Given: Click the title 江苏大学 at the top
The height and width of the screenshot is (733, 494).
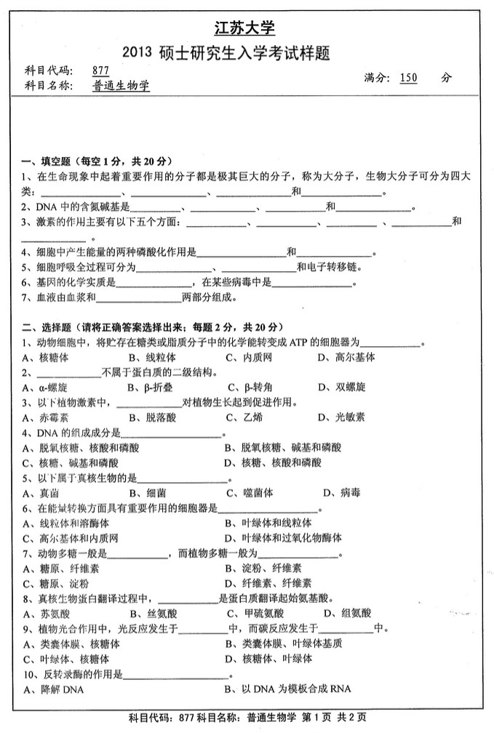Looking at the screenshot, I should [246, 28].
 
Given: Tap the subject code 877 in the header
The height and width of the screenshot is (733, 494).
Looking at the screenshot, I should [100, 71].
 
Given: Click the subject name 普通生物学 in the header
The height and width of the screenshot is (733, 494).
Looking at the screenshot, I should [121, 86].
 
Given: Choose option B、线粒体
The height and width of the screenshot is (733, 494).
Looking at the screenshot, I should [151, 357].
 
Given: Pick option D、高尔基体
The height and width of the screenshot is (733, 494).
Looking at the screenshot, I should [346, 357].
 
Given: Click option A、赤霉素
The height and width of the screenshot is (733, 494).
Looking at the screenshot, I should [44, 417].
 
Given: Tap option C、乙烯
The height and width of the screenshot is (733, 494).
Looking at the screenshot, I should [243, 417].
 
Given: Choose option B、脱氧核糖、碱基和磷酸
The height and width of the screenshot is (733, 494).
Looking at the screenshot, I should [282, 447].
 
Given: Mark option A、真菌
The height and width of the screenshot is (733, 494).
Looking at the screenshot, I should [39, 492].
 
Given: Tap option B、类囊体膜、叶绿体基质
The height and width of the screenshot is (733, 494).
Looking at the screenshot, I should [283, 644].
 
